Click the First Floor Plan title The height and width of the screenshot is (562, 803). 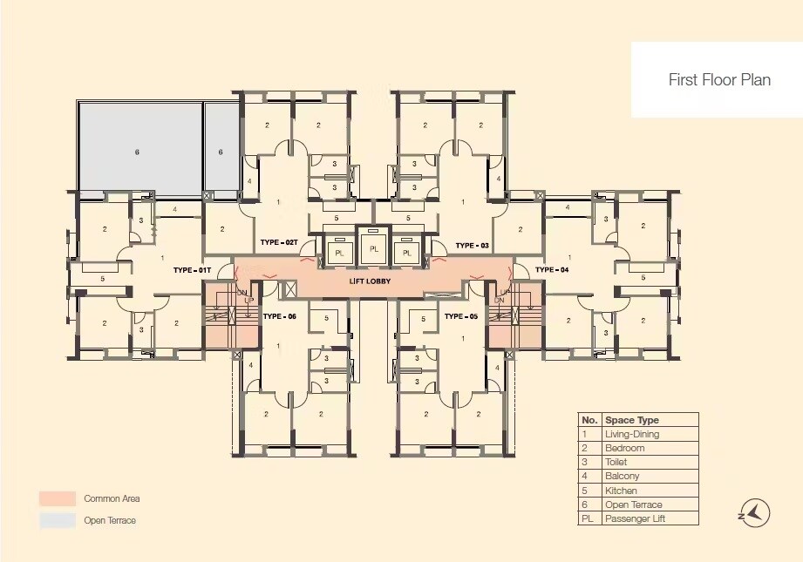(719, 79)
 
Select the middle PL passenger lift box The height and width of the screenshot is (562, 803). (374, 248)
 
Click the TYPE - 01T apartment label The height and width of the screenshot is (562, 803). (193, 270)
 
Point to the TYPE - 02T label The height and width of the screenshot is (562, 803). (279, 242)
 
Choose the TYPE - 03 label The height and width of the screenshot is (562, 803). (472, 246)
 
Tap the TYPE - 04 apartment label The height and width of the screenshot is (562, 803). (551, 270)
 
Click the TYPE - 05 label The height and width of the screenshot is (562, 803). (460, 316)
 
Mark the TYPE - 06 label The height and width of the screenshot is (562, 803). (279, 316)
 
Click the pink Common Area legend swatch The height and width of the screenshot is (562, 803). (57, 498)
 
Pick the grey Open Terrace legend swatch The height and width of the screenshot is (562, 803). (57, 520)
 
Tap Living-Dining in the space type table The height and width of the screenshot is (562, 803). (632, 434)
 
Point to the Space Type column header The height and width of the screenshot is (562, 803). (632, 420)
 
